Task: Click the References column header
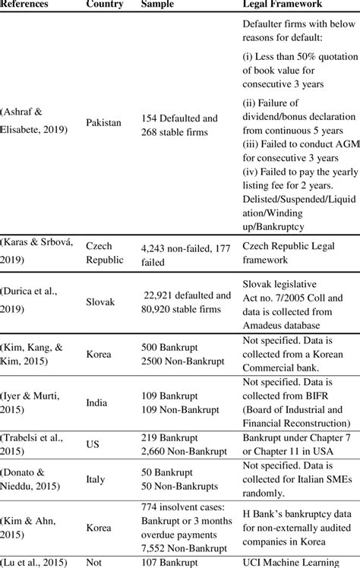[25, 5]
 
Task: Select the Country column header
[105, 5]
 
